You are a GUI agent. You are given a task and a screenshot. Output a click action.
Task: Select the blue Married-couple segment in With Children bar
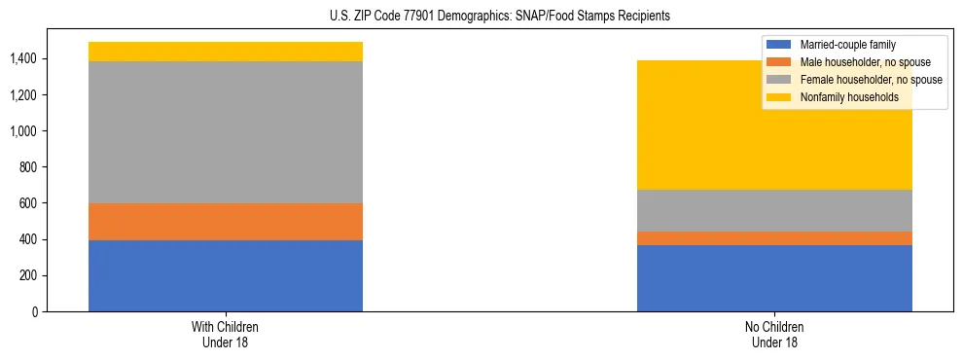226,275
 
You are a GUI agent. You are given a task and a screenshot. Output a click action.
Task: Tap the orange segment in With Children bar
226,222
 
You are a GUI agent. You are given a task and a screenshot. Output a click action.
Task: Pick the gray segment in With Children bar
226,132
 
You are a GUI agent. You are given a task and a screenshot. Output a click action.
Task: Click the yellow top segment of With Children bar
226,52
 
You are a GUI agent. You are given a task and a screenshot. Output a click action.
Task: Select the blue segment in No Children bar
774,278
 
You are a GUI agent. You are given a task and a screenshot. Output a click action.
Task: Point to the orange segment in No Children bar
774,238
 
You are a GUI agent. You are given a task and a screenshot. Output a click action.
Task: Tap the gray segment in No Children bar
774,210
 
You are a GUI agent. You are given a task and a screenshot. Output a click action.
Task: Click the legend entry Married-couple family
847,45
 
